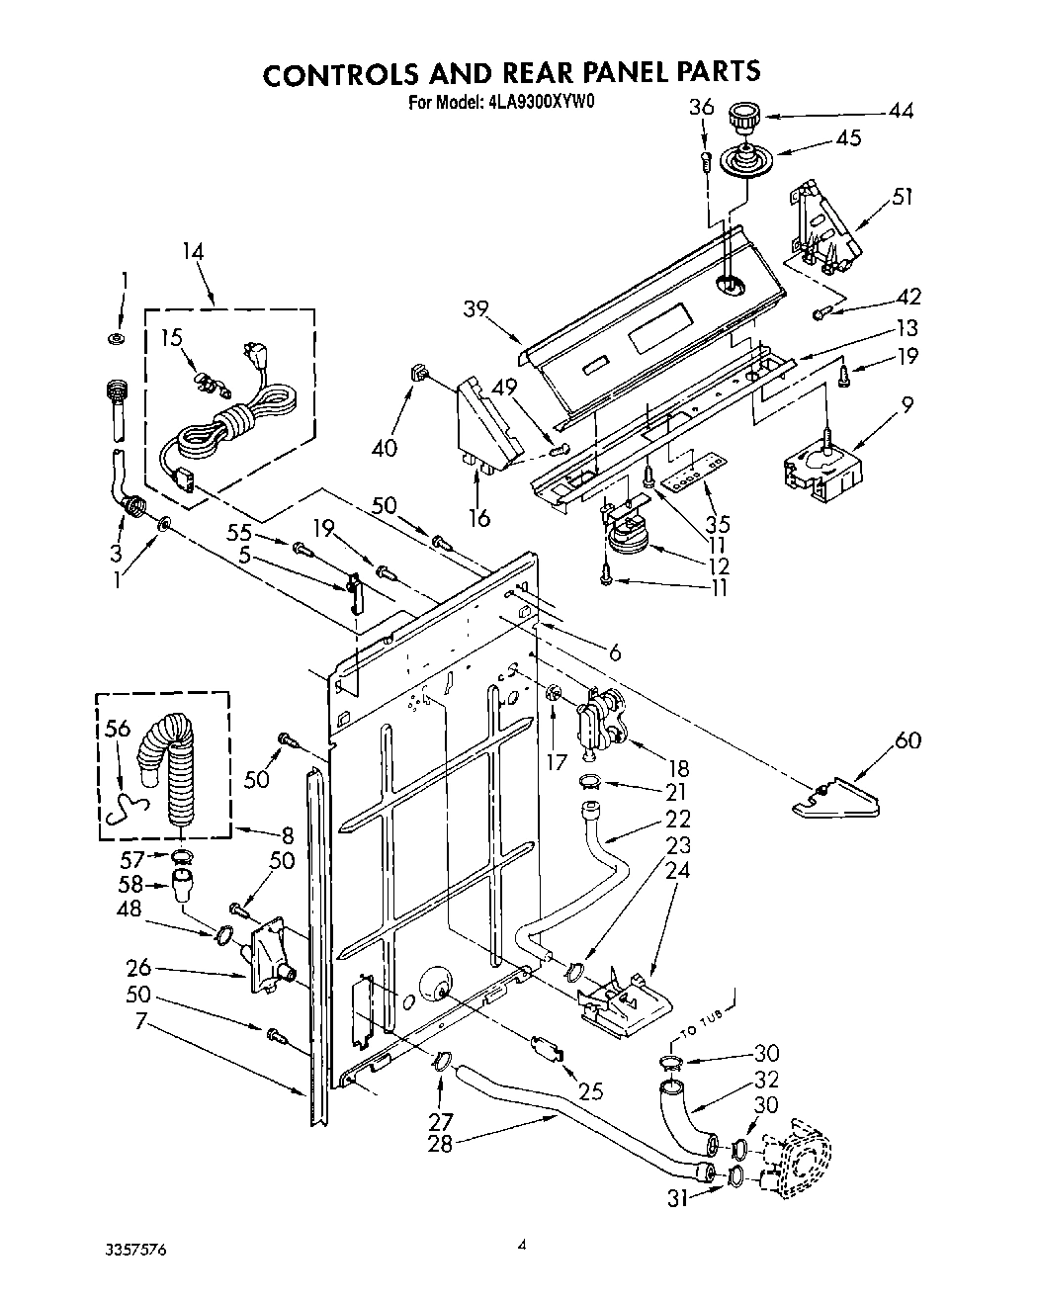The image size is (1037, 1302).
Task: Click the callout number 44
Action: click(900, 111)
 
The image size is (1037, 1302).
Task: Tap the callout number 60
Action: click(907, 739)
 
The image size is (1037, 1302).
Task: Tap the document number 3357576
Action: click(134, 1250)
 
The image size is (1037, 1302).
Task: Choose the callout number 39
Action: click(476, 309)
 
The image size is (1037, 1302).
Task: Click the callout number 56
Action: click(117, 729)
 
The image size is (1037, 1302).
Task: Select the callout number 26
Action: click(138, 966)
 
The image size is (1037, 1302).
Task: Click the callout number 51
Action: click(901, 197)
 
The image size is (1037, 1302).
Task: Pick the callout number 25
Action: click(590, 1092)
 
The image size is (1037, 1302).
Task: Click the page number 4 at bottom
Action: click(520, 1247)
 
